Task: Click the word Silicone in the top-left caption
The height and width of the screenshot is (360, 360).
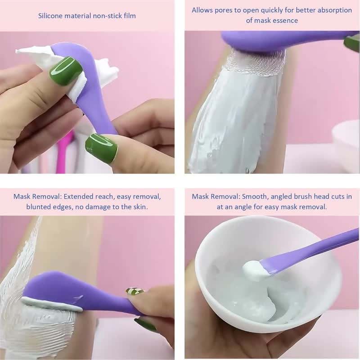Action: pyautogui.click(x=50, y=16)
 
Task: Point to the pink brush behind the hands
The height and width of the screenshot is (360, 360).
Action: pyautogui.click(x=63, y=153)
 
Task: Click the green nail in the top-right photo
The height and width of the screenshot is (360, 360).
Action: pyautogui.click(x=352, y=43)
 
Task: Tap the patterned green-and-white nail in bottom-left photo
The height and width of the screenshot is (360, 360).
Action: pyautogui.click(x=135, y=292)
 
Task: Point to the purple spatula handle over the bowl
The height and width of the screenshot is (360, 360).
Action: pyautogui.click(x=315, y=247)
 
